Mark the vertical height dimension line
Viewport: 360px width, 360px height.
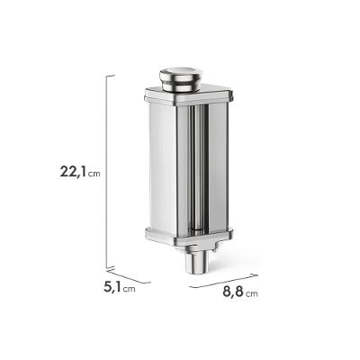click(x=108, y=171)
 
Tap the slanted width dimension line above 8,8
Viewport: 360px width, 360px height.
click(x=225, y=280)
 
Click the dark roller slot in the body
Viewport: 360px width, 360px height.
click(x=191, y=166)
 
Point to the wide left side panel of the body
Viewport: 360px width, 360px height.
click(x=162, y=166)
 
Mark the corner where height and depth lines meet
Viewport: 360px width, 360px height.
click(x=108, y=267)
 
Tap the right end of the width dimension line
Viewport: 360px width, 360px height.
click(x=258, y=273)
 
